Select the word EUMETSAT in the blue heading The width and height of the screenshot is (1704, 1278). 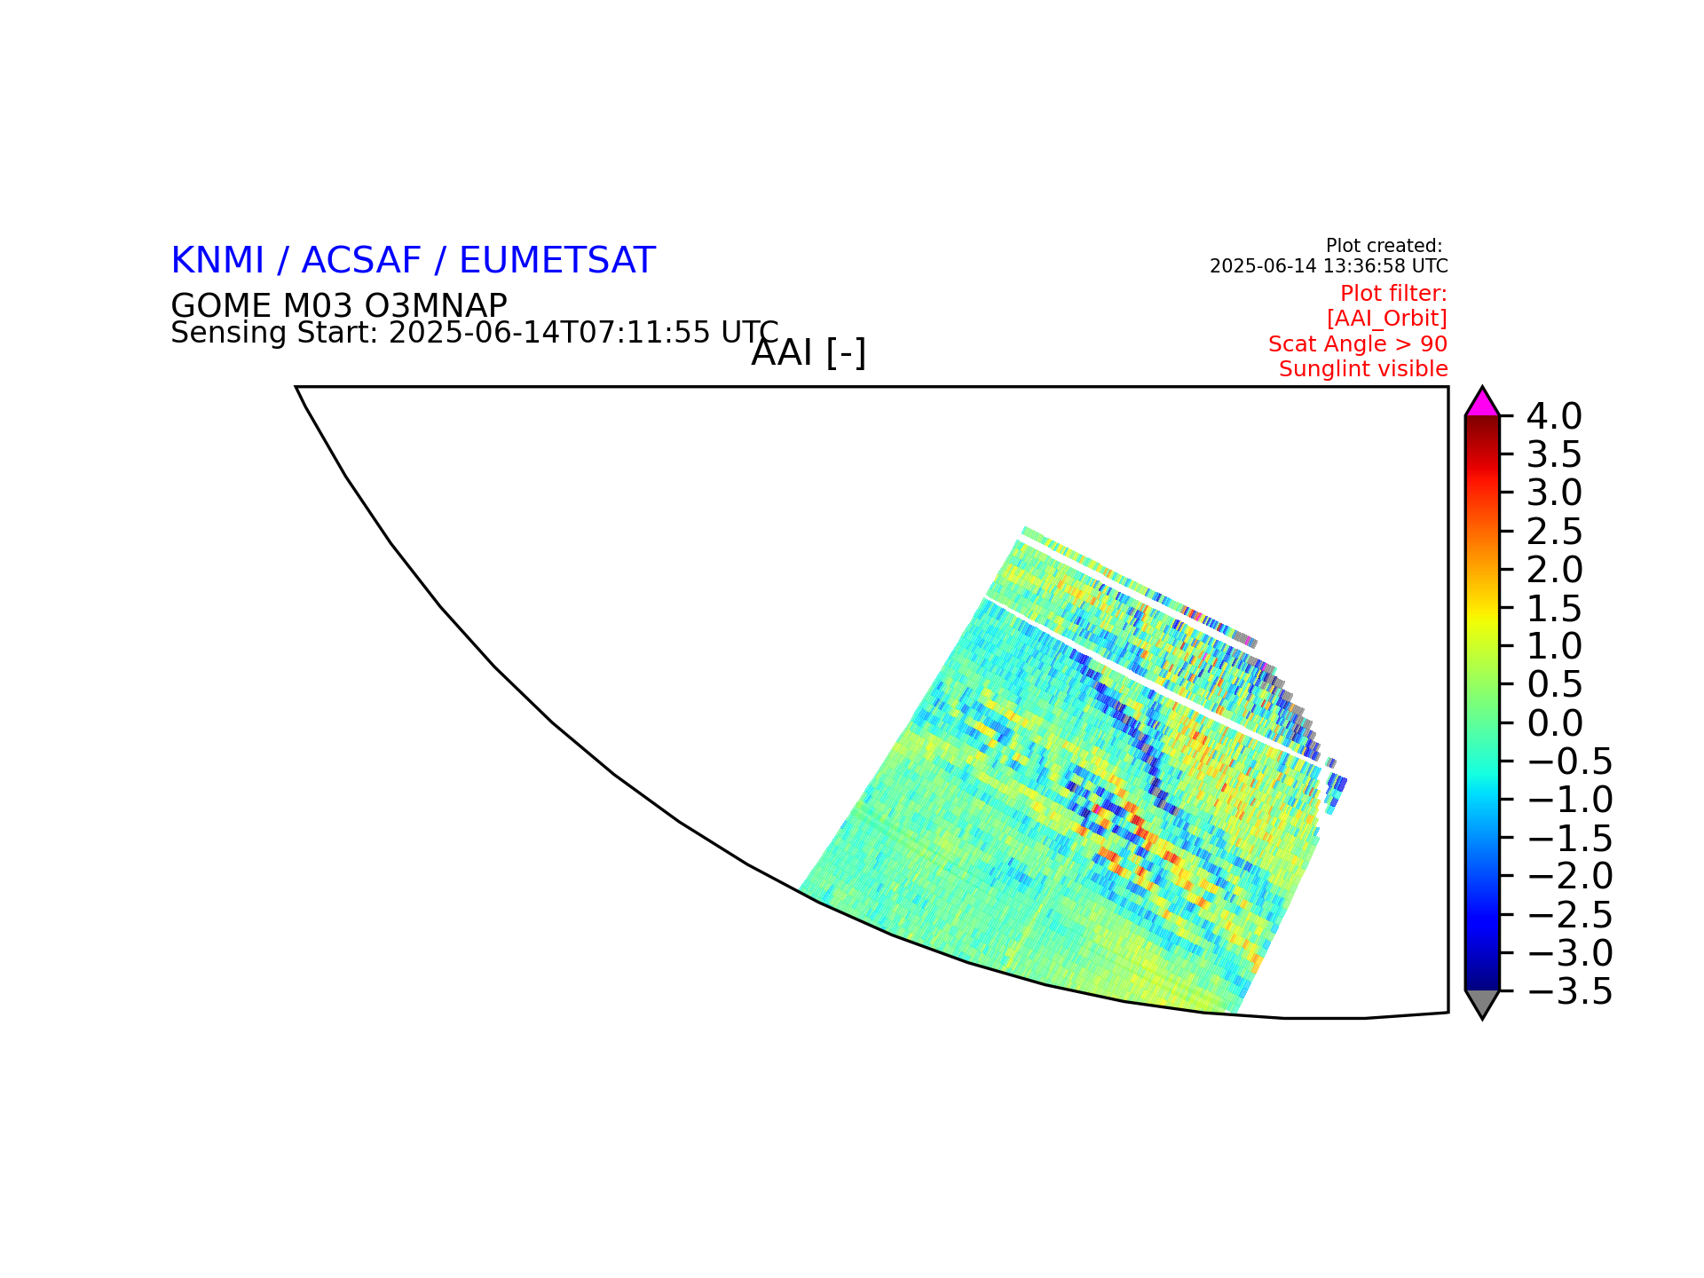pyautogui.click(x=557, y=260)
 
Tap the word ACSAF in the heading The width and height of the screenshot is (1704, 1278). pyautogui.click(x=361, y=260)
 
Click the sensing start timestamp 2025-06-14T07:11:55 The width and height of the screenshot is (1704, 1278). pyautogui.click(x=549, y=333)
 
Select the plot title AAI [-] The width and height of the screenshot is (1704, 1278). pyautogui.click(x=809, y=353)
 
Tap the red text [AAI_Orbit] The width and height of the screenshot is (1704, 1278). pyautogui.click(x=1387, y=318)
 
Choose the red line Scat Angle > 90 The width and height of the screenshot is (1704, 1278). pyautogui.click(x=1358, y=343)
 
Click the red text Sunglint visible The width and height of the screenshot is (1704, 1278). pyautogui.click(x=1363, y=368)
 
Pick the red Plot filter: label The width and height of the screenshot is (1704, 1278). pyautogui.click(x=1393, y=293)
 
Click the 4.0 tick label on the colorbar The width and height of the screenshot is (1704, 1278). pyautogui.click(x=1554, y=415)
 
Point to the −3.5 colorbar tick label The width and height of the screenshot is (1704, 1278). pyautogui.click(x=1570, y=991)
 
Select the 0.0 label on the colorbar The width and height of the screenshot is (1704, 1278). pyautogui.click(x=1554, y=723)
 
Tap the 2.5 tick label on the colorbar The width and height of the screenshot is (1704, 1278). pyautogui.click(x=1554, y=532)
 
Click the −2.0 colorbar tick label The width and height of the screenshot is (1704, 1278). pyautogui.click(x=1570, y=876)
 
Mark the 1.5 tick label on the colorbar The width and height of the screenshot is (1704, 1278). pyautogui.click(x=1554, y=609)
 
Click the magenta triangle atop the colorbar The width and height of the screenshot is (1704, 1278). pyautogui.click(x=1482, y=404)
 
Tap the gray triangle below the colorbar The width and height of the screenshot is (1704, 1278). pyautogui.click(x=1482, y=1002)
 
